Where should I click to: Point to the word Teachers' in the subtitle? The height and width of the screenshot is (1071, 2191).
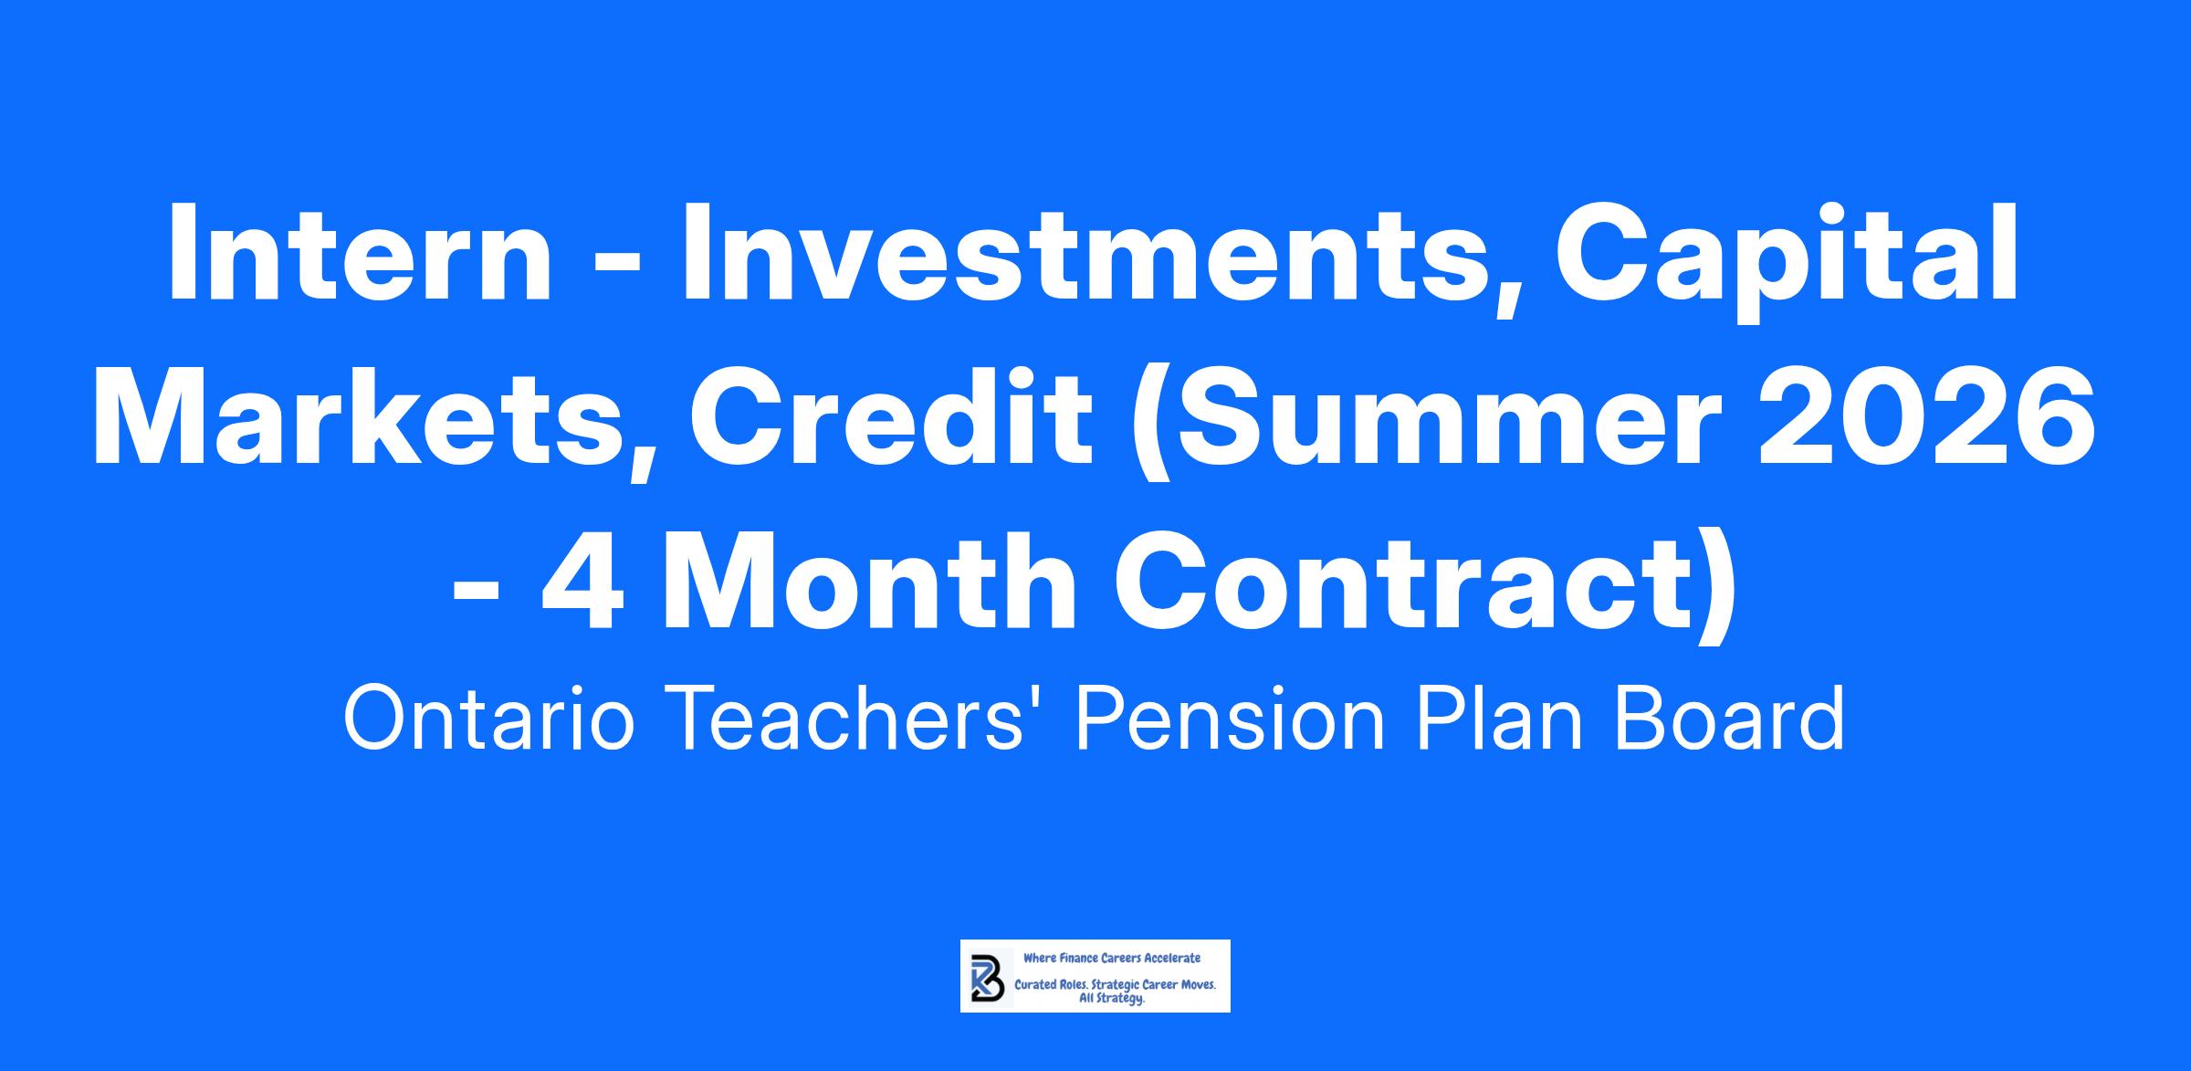(853, 719)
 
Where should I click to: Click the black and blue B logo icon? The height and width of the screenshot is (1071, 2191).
(987, 977)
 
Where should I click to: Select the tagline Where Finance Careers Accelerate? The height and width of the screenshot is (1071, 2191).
(1112, 958)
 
